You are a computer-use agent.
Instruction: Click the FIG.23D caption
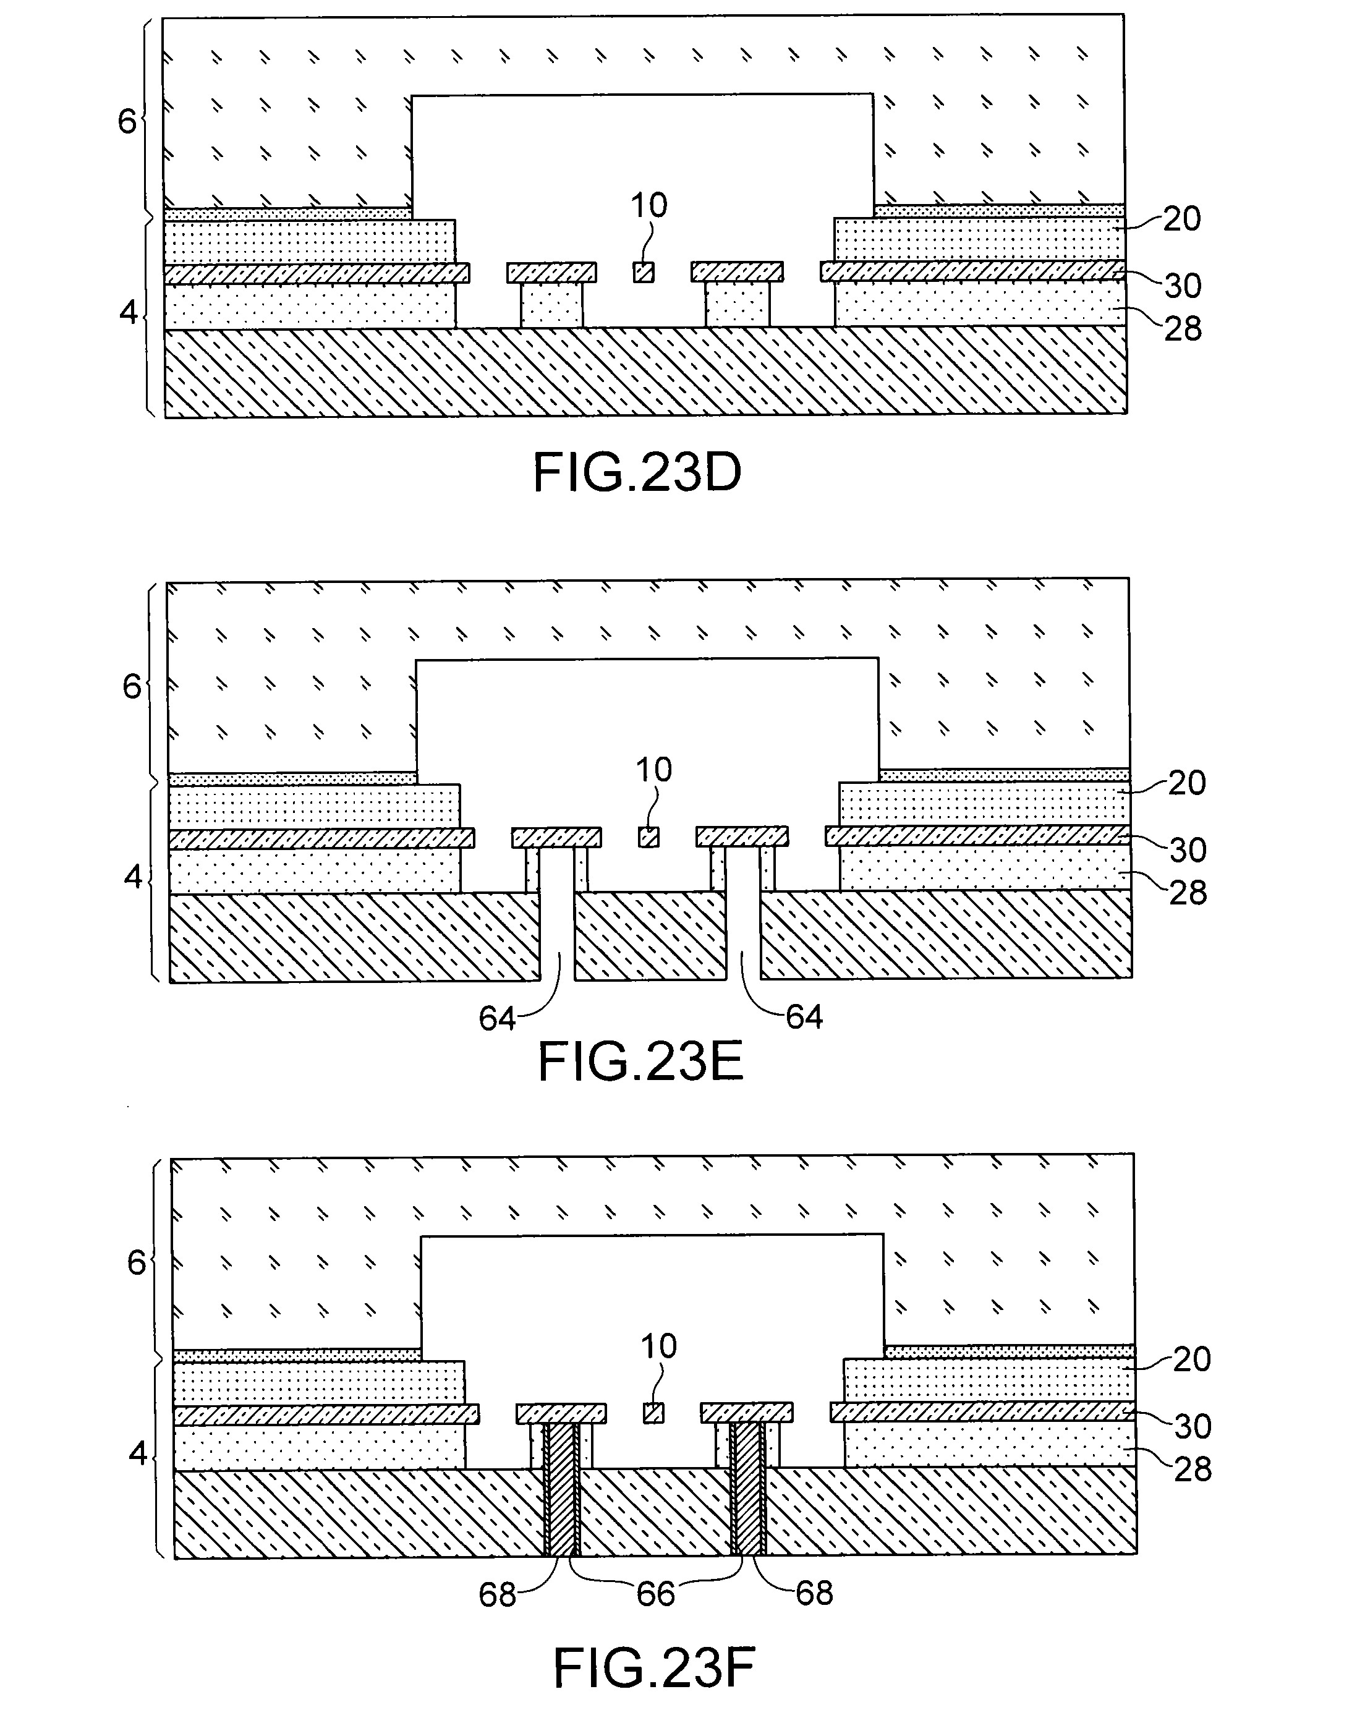click(637, 474)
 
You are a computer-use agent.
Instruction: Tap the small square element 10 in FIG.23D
click(643, 273)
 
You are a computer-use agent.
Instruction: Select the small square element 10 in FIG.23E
click(648, 838)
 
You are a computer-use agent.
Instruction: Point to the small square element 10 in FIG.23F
click(653, 1413)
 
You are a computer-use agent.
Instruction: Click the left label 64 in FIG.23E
click(496, 1018)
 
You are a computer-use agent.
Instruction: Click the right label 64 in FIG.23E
click(804, 1017)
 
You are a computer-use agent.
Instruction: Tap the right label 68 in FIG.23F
click(815, 1593)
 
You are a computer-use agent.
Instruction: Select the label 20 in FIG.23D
click(1182, 219)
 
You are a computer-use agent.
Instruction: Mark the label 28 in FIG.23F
click(1192, 1470)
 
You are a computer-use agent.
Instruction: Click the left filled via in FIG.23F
click(561, 1489)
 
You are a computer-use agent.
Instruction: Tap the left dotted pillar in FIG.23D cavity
click(552, 305)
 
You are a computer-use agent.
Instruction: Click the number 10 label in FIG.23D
click(648, 205)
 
